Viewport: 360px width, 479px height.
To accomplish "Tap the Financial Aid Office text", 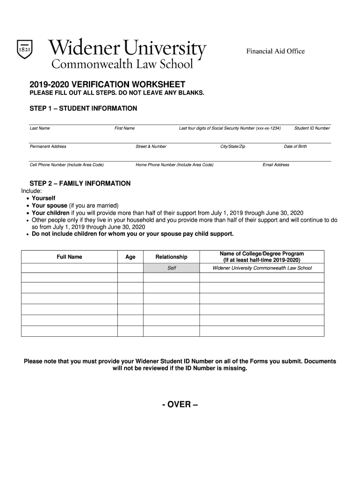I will [275, 51].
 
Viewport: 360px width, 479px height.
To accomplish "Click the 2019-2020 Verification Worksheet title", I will [108, 85].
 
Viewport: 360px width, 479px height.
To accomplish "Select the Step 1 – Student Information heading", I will [83, 109].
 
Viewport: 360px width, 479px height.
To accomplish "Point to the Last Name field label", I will [40, 128].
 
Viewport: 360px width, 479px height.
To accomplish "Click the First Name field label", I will [124, 128].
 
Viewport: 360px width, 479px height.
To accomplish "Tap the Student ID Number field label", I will [312, 128].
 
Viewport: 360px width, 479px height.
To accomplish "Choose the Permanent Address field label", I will [48, 146].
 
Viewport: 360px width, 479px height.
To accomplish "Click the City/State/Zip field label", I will [232, 146].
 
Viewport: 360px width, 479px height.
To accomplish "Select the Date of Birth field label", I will [295, 146].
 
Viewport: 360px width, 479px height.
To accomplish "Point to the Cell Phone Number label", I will [67, 165].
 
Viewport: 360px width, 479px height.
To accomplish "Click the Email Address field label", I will [276, 165].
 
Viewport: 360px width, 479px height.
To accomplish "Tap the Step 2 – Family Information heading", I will [80, 183].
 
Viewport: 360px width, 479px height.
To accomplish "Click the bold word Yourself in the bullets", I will [43, 198].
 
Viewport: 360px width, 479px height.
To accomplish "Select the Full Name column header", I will [69, 257].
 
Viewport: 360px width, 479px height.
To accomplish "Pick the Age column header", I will [130, 257].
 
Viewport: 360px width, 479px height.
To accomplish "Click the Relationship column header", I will [171, 257].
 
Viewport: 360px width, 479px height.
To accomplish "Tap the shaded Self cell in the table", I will [172, 268].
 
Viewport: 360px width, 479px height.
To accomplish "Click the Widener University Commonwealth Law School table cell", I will [262, 268].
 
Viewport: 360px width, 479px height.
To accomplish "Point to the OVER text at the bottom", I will [180, 405].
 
